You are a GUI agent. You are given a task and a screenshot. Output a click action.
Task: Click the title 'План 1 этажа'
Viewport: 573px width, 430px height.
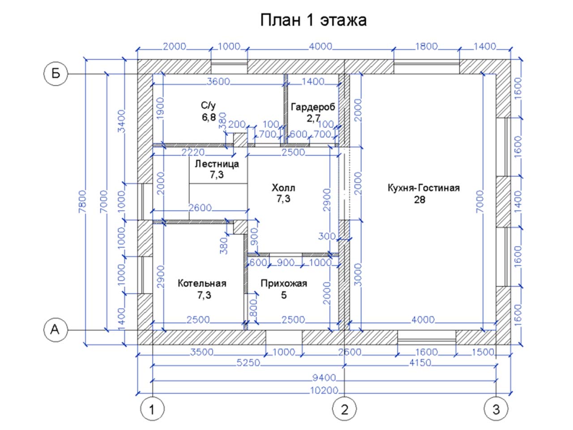coord(313,20)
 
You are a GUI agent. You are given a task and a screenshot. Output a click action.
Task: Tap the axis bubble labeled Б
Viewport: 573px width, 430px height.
coord(56,73)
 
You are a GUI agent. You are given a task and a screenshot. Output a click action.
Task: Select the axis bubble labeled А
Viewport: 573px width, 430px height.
coord(56,330)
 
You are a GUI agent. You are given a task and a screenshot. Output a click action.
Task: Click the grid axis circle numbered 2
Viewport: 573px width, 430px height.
coord(344,408)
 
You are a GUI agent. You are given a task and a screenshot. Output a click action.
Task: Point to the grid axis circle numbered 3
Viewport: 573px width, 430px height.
coord(496,408)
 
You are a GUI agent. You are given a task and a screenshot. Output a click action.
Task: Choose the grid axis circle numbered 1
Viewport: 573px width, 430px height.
coord(153,408)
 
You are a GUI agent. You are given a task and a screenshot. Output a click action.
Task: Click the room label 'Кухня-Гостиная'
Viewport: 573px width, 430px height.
coord(423,188)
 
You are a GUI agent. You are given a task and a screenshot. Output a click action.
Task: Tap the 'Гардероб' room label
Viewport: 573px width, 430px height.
coord(312,107)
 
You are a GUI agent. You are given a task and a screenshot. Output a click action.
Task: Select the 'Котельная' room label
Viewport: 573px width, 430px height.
coord(202,283)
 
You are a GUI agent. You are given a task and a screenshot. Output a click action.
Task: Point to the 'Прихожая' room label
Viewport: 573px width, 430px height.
coord(284,283)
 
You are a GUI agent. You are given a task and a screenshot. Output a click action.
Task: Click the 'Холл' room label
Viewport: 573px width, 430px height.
coord(283,188)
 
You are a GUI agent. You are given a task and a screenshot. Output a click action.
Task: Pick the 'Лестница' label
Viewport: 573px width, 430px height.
coord(217,164)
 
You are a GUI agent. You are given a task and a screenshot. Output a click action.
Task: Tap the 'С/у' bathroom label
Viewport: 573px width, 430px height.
coord(208,105)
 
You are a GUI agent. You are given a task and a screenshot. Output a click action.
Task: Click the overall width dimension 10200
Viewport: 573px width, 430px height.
coord(324,391)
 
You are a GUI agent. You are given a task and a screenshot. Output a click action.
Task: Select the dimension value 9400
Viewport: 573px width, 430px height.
coord(324,378)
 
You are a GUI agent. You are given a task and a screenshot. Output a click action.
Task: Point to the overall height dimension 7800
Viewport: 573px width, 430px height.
coord(82,202)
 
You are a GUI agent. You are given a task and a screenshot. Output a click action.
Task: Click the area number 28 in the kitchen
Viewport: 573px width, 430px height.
coord(419,200)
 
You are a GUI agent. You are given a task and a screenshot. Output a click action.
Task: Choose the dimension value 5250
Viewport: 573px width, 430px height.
coord(248,363)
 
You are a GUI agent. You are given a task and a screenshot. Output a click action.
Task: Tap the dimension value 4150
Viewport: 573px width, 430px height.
coord(420,363)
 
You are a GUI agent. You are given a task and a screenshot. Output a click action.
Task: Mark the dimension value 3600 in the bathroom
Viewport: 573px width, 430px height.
coord(218,82)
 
